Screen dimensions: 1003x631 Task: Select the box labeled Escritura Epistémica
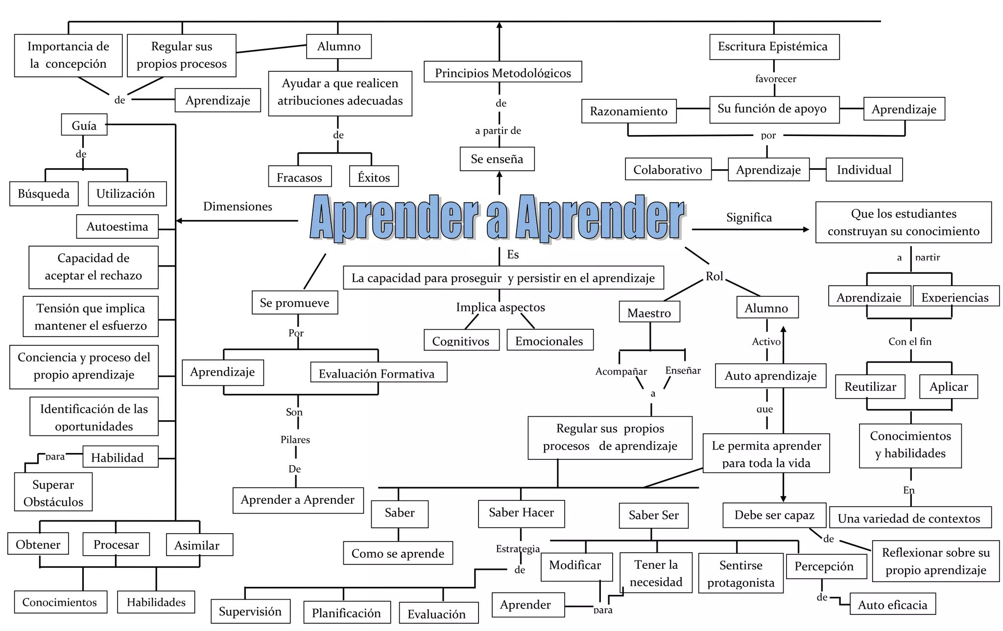click(774, 47)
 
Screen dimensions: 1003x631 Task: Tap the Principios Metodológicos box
click(502, 72)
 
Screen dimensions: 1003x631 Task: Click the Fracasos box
click(299, 177)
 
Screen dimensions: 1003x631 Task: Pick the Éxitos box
click(374, 177)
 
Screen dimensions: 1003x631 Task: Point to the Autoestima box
click(118, 226)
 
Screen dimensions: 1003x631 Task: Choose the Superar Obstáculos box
click(53, 492)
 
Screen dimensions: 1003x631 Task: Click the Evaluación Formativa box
click(378, 373)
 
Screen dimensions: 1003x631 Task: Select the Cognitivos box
click(461, 340)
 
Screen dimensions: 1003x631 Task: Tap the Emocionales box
click(549, 340)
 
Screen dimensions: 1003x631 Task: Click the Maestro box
click(649, 312)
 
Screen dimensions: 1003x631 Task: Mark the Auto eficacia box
click(892, 604)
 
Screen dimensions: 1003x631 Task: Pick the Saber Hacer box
click(521, 513)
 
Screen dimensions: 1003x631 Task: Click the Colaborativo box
click(668, 169)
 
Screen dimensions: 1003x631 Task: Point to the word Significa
click(749, 217)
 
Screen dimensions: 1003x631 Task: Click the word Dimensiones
click(238, 206)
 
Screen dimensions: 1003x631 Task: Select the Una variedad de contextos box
click(909, 518)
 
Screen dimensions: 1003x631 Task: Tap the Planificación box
click(346, 612)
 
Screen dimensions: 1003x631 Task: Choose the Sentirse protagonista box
click(740, 573)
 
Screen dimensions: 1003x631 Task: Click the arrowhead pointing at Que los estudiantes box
click(806, 229)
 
